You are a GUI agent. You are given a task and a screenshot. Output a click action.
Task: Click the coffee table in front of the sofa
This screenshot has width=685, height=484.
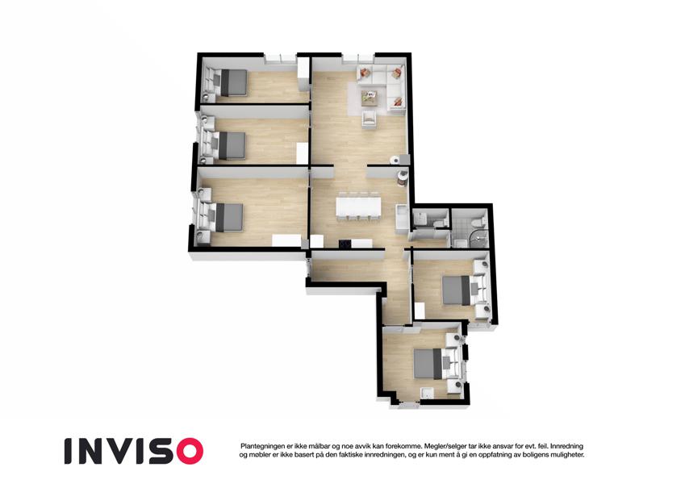point(370,98)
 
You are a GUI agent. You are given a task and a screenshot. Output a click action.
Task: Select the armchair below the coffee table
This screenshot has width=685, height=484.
point(370,119)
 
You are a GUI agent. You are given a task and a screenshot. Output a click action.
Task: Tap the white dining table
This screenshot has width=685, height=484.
point(358,207)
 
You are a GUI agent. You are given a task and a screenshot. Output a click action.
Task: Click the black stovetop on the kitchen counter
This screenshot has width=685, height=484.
point(345,244)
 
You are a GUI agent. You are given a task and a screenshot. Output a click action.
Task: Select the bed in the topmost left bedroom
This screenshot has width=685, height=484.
point(232,82)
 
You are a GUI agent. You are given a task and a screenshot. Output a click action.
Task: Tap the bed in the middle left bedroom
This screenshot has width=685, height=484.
point(231,145)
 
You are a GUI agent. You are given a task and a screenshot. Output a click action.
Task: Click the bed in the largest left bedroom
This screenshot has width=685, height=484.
point(228,218)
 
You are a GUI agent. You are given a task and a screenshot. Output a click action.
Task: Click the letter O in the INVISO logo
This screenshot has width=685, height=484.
point(186,451)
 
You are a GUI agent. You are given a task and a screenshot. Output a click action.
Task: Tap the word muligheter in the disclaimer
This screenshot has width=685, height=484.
point(566,455)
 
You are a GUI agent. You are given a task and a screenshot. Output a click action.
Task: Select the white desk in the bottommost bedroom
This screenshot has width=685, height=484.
point(426,394)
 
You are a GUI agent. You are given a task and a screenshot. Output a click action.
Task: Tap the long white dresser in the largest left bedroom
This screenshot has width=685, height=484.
point(286,240)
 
